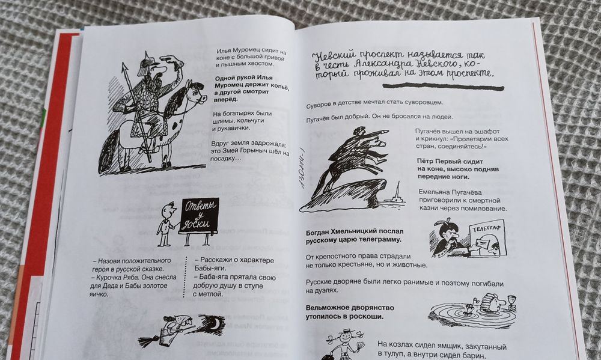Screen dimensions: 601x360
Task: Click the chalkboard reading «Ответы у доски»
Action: (200, 215)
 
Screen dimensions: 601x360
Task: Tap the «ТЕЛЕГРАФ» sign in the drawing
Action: (486, 229)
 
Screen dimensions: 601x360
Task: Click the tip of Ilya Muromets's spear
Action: (124, 65)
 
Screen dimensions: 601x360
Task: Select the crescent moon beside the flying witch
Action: (218, 323)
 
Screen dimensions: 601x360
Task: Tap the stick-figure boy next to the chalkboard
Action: (166, 224)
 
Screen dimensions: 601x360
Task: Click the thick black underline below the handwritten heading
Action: (444, 87)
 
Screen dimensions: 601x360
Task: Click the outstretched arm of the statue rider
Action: (376, 133)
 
